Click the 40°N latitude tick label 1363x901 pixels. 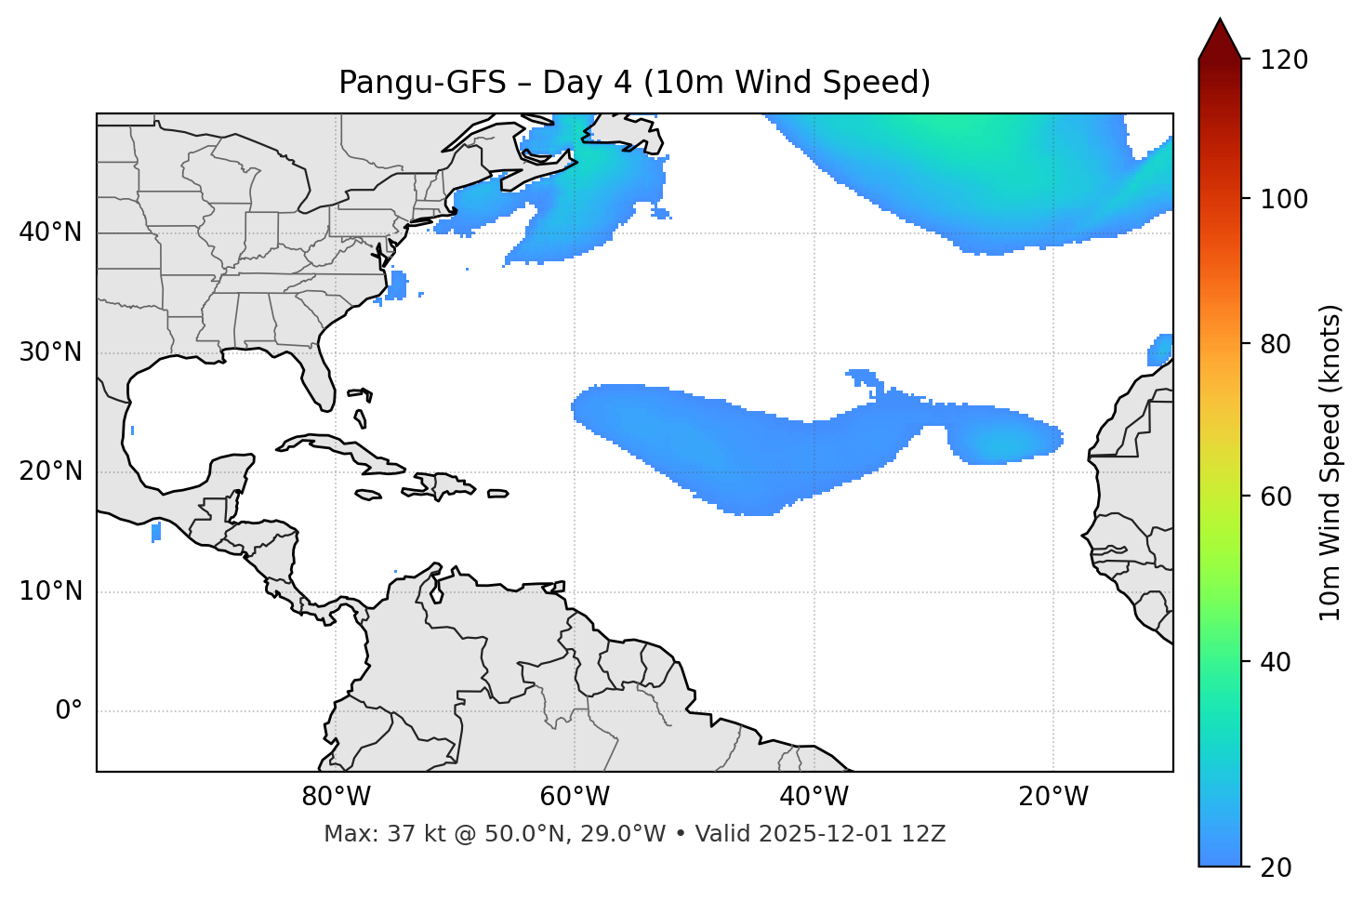pos(50,232)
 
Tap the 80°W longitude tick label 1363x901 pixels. pos(336,797)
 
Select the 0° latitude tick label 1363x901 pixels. pos(69,711)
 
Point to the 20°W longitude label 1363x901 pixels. pos(1053,797)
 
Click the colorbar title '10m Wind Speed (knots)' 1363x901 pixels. pos(1330,462)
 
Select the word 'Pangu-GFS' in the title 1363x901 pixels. pos(422,83)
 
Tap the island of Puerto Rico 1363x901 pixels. pos(498,494)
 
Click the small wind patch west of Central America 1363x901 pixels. pos(156,532)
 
